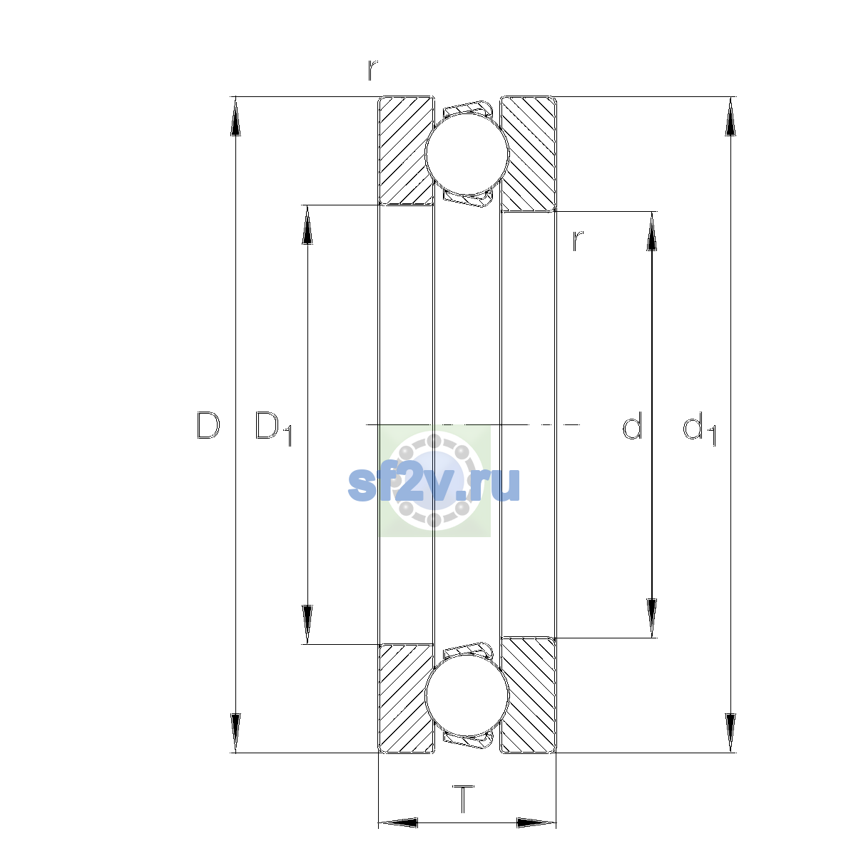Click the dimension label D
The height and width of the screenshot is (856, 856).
(x=208, y=425)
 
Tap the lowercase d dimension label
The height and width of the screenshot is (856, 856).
(x=632, y=425)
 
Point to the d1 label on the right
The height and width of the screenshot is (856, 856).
(x=699, y=428)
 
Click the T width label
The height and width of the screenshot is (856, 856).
(x=464, y=799)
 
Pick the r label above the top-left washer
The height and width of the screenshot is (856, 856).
(x=372, y=70)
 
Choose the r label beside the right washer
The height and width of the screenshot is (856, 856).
(x=578, y=241)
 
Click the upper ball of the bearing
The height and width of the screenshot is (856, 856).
(x=467, y=153)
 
